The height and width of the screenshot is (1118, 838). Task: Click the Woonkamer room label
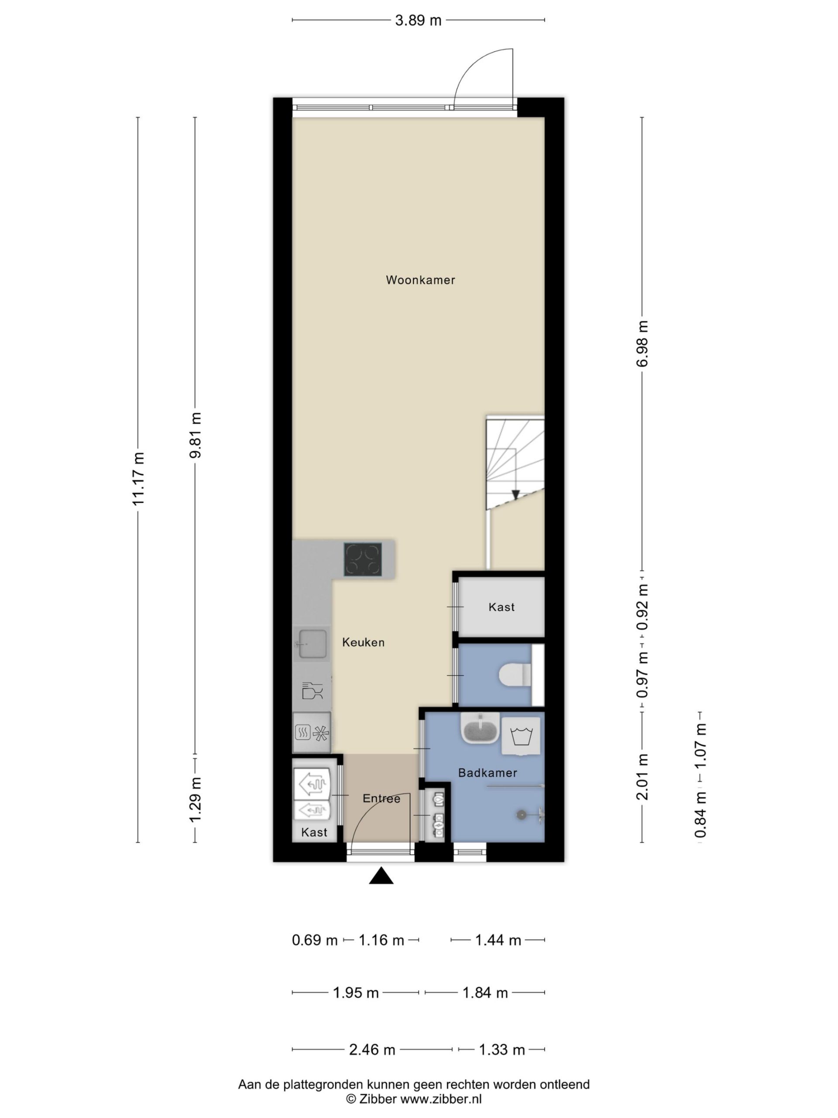point(420,280)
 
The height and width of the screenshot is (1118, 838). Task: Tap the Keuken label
point(363,642)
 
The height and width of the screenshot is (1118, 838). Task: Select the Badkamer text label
point(488,773)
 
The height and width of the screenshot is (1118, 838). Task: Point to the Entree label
point(381,799)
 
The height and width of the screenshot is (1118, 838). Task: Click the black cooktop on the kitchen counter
point(363,559)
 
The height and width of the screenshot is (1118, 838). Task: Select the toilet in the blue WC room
point(515,675)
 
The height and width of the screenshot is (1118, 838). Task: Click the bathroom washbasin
point(480,728)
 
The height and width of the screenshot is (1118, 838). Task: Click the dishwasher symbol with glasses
point(312,690)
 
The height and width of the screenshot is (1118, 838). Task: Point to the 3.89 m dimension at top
point(418,20)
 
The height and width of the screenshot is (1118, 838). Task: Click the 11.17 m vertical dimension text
point(138,479)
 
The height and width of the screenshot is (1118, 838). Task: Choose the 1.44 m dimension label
point(498,940)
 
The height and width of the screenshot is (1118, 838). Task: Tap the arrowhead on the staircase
point(515,495)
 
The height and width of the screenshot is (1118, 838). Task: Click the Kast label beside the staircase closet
point(501,607)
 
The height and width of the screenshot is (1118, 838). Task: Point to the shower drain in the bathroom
point(520,815)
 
